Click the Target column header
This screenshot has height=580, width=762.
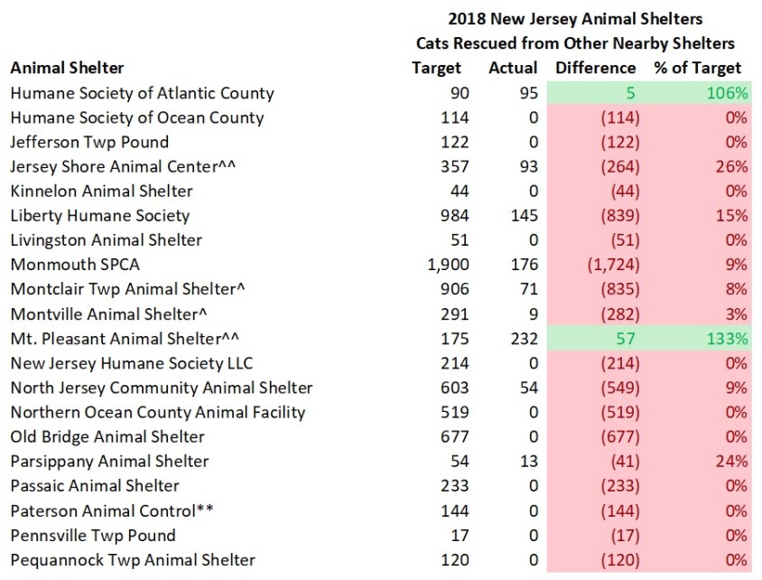coord(436,68)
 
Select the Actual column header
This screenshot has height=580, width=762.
coord(513,68)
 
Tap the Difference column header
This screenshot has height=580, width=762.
coord(595,68)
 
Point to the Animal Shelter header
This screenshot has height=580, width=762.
coord(68,68)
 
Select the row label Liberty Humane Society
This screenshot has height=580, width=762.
coord(99,216)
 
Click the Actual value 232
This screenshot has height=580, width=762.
coord(524,339)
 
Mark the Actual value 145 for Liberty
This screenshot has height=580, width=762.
coord(524,216)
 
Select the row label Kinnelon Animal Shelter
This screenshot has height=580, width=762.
coord(101,192)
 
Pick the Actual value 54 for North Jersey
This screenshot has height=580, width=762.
coord(528,388)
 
